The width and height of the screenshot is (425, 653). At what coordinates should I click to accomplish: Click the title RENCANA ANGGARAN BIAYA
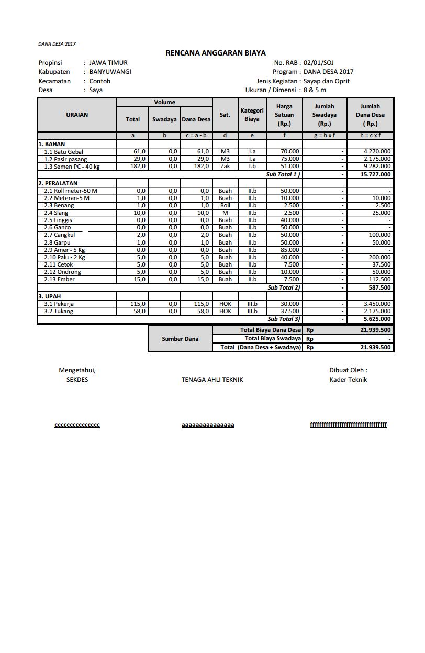(216, 53)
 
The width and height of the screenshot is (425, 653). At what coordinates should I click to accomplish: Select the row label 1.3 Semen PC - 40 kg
(72, 167)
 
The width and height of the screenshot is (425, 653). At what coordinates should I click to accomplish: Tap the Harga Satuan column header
(284, 115)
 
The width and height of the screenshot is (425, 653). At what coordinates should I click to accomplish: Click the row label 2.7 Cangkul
(59, 235)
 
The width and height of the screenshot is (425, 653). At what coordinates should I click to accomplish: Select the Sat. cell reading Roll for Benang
(225, 206)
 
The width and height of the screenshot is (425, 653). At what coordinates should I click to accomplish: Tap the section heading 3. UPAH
(50, 296)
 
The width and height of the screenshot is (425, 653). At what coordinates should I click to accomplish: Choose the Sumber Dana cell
(180, 339)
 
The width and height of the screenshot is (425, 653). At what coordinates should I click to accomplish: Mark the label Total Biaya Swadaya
(273, 339)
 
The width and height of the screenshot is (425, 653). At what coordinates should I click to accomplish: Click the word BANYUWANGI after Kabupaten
(110, 72)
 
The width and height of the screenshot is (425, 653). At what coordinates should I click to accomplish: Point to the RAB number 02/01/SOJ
(319, 63)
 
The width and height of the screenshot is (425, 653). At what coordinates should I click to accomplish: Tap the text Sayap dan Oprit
(326, 81)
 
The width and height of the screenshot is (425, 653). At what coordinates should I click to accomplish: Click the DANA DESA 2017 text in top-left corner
(57, 44)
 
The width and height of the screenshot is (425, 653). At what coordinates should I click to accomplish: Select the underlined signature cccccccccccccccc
(77, 425)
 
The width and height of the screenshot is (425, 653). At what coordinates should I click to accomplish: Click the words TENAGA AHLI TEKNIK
(212, 380)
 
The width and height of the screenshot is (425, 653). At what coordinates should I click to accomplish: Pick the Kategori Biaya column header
(252, 115)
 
